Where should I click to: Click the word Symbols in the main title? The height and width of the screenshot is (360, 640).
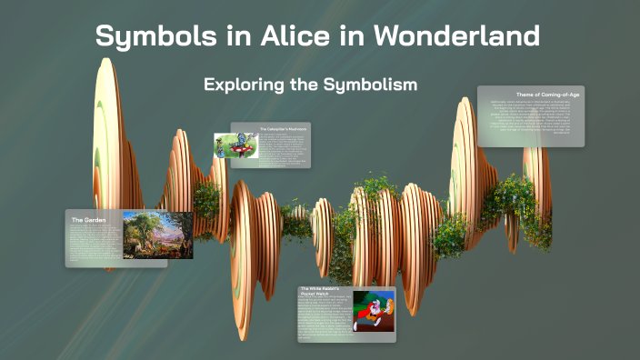click(149, 37)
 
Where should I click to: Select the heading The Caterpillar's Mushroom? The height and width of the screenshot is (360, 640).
click(283, 129)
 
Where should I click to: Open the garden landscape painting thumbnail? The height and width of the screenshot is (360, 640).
click(157, 235)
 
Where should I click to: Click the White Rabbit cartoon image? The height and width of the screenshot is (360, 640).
click(374, 311)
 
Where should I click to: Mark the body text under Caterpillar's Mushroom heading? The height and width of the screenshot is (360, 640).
click(284, 149)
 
